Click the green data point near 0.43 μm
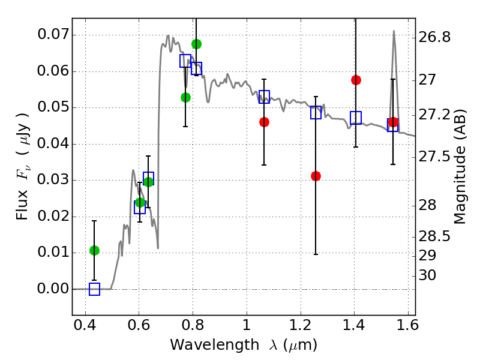click(x=94, y=250)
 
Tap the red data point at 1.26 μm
click(x=316, y=176)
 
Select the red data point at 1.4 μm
click(x=356, y=80)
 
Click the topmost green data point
click(x=196, y=44)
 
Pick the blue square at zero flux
click(x=94, y=289)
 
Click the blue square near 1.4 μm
click(x=356, y=118)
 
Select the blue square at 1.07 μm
click(x=264, y=97)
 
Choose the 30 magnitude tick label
click(x=430, y=275)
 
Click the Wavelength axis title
click(x=243, y=345)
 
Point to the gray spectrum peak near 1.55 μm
click(x=394, y=32)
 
